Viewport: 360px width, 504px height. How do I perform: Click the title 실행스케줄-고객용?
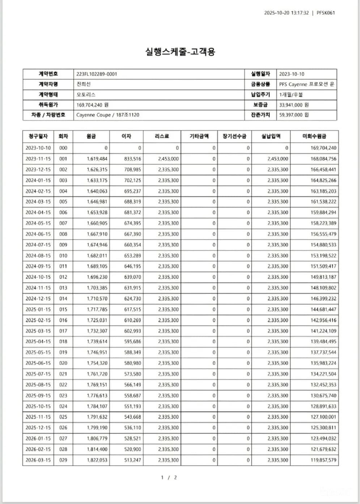point(180,51)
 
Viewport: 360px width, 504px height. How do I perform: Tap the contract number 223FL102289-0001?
point(97,74)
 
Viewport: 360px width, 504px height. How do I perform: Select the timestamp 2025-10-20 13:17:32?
point(286,13)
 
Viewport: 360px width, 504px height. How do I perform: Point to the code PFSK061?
point(326,13)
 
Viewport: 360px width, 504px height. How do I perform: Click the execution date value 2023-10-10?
point(292,74)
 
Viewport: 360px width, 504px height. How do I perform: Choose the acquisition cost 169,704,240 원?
point(92,105)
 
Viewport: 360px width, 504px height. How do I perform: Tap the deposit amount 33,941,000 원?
point(294,105)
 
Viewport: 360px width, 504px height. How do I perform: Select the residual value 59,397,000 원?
point(294,115)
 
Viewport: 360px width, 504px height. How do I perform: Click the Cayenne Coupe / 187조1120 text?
point(108,115)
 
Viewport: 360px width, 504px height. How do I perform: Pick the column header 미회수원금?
point(314,136)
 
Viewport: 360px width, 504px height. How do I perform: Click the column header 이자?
point(126,136)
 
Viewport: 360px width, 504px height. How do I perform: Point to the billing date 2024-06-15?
point(38,234)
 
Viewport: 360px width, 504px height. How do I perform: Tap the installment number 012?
point(63,277)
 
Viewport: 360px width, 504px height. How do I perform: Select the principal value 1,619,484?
point(97,159)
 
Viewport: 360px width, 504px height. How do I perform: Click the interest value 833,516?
point(132,159)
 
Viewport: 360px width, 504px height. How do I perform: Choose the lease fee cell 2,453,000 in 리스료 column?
point(168,159)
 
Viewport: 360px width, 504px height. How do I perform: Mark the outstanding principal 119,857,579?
point(323,460)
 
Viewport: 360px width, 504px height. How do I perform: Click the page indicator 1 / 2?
point(169,477)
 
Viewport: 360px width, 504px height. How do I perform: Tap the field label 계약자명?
point(48,84)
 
